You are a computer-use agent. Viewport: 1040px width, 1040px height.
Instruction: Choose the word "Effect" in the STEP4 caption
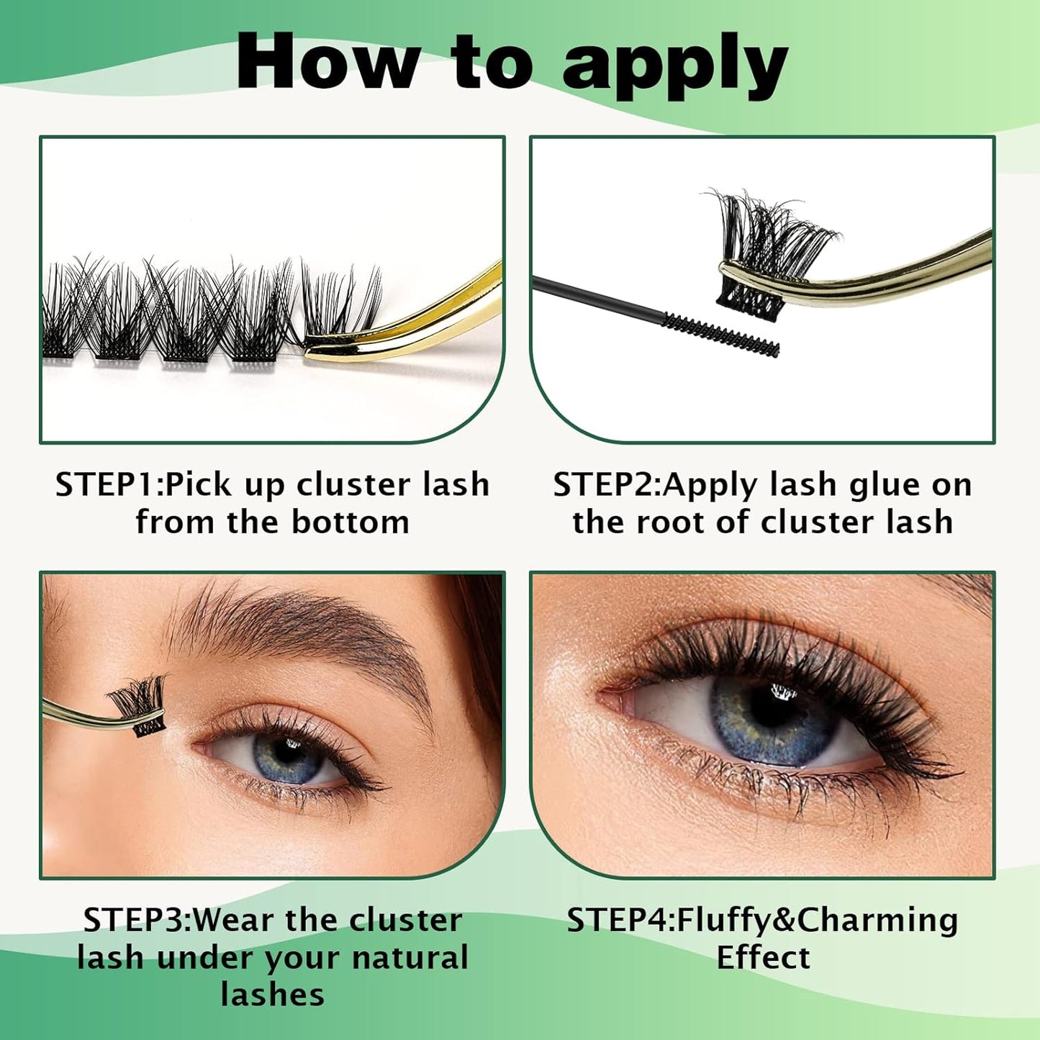click(x=763, y=958)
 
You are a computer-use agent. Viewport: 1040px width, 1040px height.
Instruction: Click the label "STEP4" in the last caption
click(x=618, y=921)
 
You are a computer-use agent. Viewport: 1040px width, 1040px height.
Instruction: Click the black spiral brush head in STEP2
click(x=720, y=334)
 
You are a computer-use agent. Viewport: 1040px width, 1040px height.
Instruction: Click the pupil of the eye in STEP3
click(x=289, y=752)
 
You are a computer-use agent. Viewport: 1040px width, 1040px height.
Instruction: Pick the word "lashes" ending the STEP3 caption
click(x=272, y=995)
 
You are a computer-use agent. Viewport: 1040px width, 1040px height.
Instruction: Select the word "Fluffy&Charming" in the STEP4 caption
click(x=818, y=921)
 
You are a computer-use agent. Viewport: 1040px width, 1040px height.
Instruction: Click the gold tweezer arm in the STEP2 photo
click(x=900, y=273)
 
